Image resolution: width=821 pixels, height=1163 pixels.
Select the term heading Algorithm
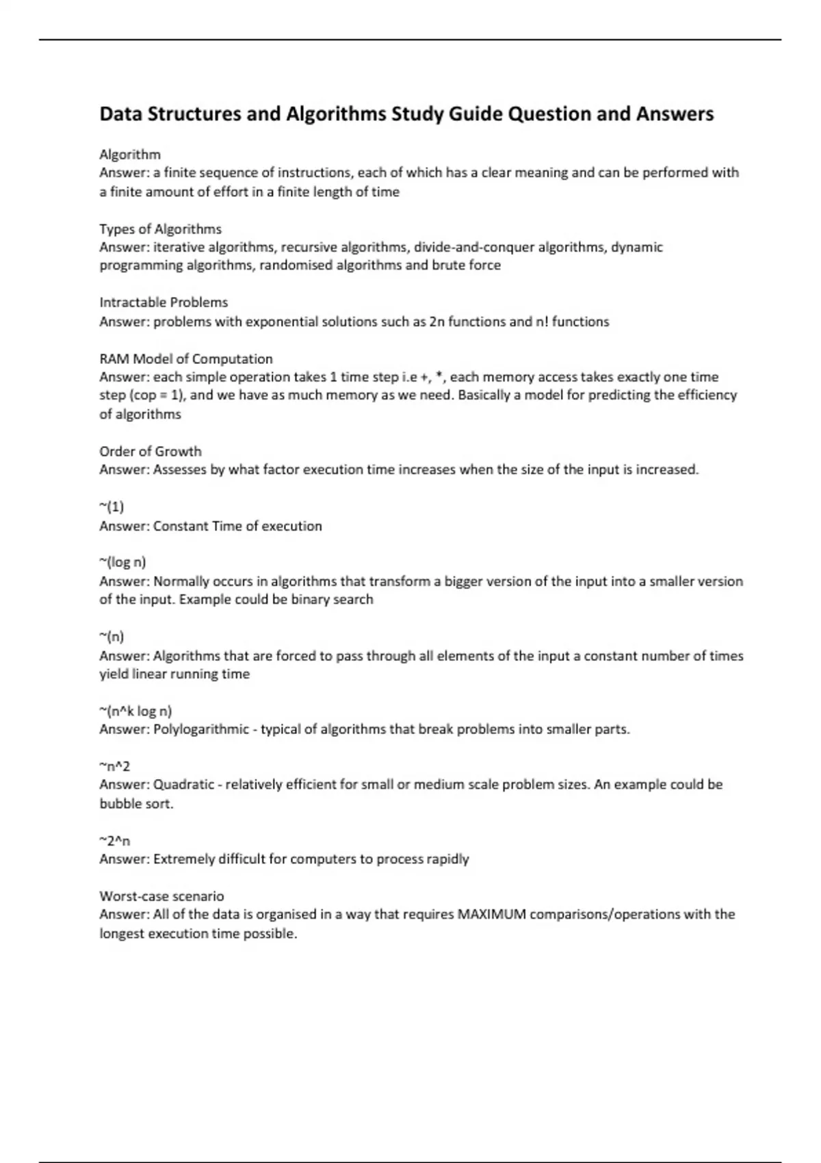pos(130,154)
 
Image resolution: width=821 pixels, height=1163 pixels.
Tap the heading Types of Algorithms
pos(160,228)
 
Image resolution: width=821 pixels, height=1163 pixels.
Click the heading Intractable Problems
pos(164,302)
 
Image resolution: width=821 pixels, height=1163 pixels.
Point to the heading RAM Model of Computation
pos(185,358)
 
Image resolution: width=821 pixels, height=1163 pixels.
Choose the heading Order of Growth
pos(151,451)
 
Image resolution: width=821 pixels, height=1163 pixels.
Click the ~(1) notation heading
pos(112,507)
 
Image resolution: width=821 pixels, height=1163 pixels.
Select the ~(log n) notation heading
pos(122,562)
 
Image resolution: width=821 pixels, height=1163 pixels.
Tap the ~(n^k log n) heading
pos(135,711)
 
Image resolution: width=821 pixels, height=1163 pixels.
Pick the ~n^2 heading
pos(114,766)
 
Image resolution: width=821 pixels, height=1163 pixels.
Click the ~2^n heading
pos(114,840)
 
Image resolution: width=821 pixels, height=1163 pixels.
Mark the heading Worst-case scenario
pos(161,896)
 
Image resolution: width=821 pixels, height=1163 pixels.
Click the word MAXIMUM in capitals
pos(491,915)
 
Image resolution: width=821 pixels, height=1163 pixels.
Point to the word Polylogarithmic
pos(201,729)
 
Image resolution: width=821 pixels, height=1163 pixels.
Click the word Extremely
pos(183,859)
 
